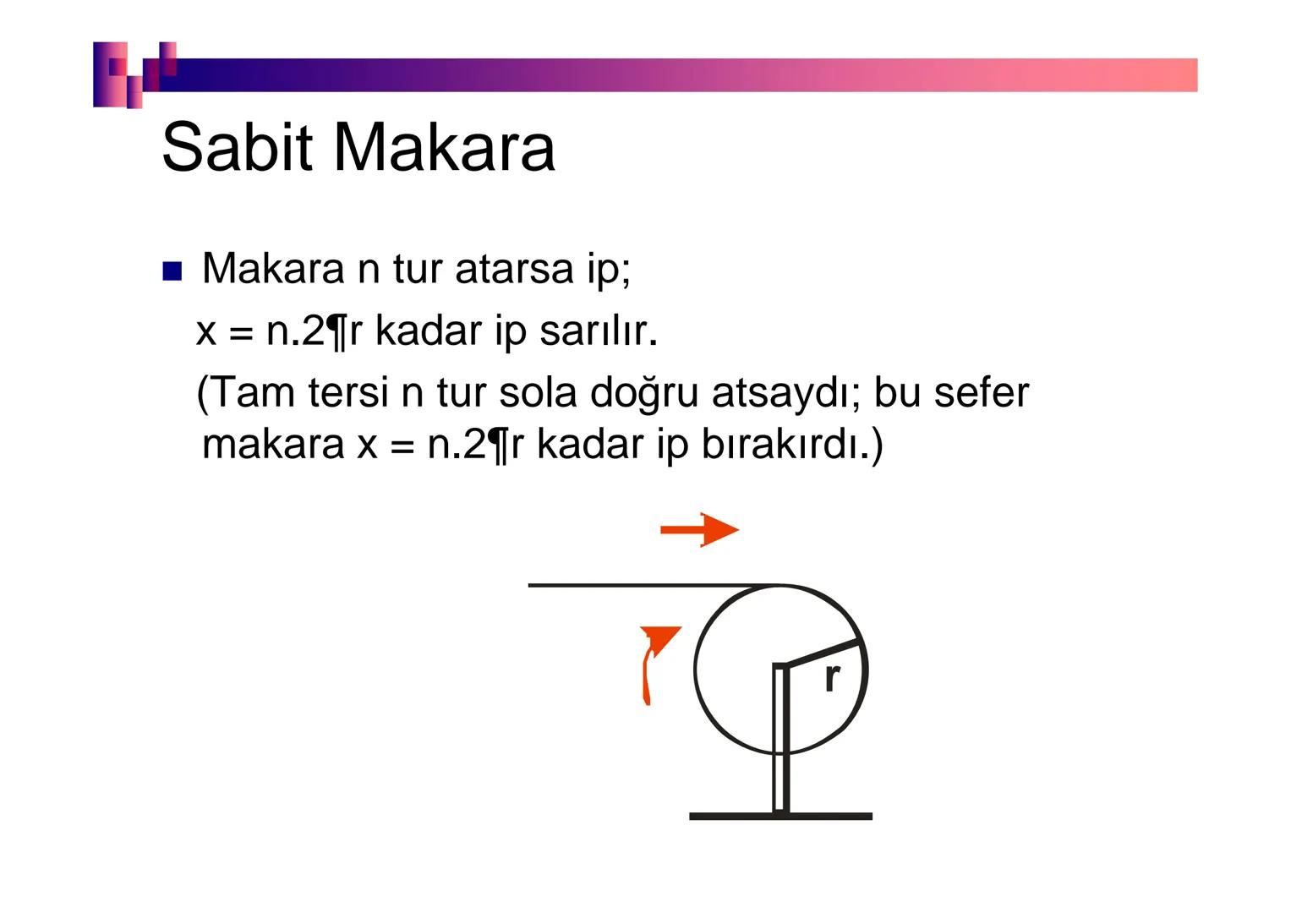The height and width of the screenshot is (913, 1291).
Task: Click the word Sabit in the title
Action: click(242, 146)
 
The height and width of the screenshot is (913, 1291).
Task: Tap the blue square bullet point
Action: click(172, 271)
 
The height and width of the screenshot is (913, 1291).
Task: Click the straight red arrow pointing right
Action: click(699, 530)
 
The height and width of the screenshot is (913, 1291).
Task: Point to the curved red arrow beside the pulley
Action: click(654, 664)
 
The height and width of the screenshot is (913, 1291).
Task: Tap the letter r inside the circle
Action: click(832, 677)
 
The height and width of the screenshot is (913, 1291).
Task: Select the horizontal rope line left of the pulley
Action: click(643, 585)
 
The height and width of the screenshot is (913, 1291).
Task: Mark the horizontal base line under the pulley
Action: click(780, 816)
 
